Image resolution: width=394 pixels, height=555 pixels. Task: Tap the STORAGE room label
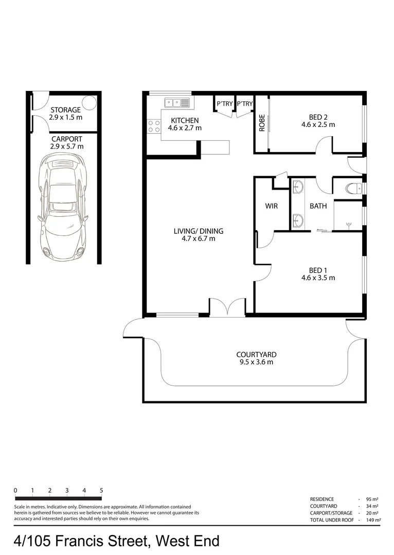coord(65,110)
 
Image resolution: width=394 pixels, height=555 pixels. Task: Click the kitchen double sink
coord(177,102)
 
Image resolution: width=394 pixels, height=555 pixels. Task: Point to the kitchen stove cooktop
coord(154,126)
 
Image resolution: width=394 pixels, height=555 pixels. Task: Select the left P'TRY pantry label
coord(225,104)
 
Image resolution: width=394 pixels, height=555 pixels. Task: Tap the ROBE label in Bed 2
coord(262,123)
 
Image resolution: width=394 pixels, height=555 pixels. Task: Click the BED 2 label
coord(318,116)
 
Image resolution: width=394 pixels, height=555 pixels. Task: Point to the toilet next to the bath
coord(354,189)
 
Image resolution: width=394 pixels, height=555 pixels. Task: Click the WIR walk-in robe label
coord(272,206)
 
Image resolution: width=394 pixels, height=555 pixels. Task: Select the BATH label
coord(318,206)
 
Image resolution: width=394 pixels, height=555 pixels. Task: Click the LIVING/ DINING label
coord(199,231)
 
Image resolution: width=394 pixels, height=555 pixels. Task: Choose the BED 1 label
coord(318,270)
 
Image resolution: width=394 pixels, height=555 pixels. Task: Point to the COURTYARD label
coord(256,355)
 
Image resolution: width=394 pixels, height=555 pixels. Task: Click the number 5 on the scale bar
coord(101,490)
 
